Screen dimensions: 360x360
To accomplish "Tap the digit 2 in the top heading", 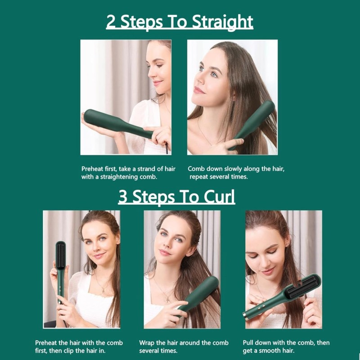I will coord(111,21).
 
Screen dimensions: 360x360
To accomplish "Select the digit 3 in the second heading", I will coord(123,197).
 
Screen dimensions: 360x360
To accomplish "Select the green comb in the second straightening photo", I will coord(254,124).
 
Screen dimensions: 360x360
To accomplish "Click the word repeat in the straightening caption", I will coord(199,177).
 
